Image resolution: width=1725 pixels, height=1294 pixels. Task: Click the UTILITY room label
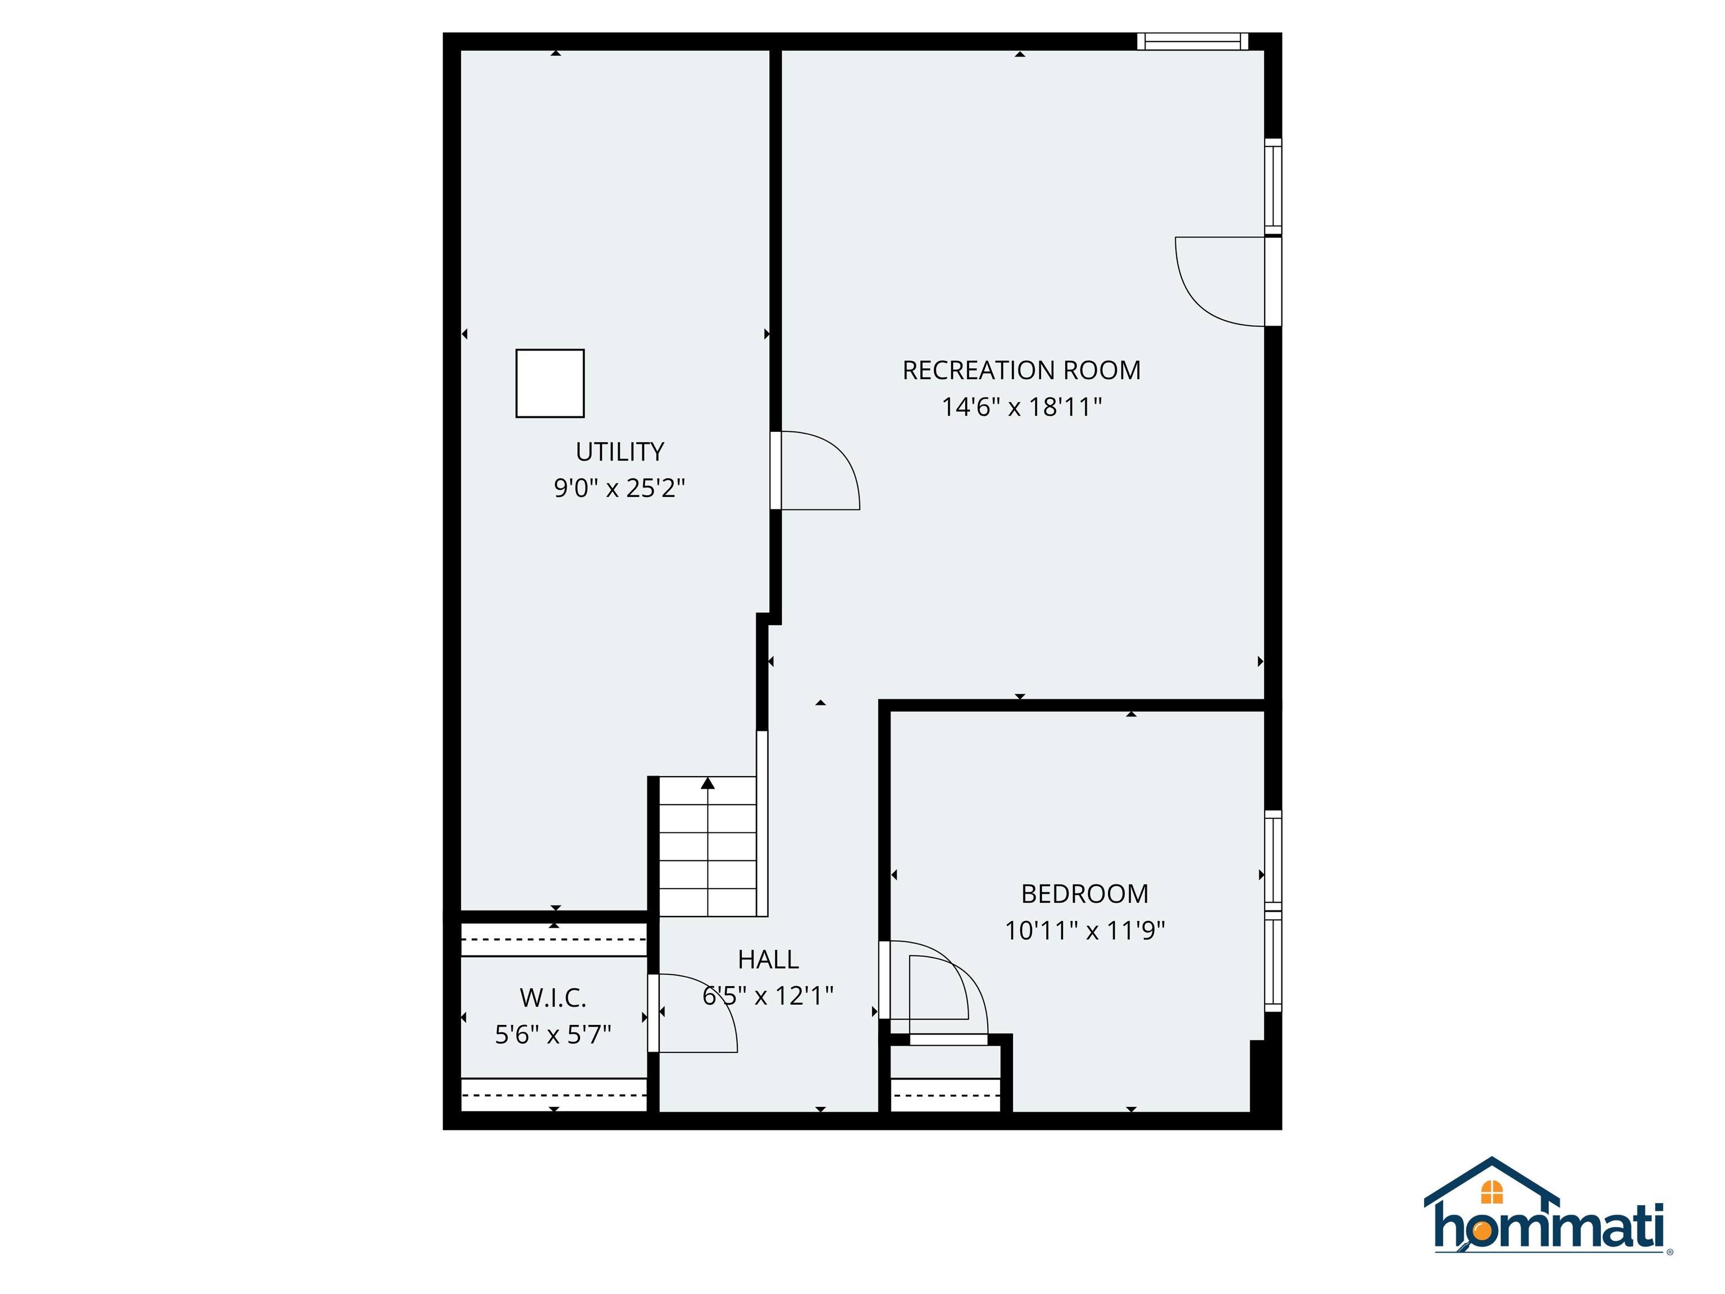(619, 452)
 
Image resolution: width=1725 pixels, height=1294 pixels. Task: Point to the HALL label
(768, 959)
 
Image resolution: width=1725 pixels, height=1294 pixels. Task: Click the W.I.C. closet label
(553, 997)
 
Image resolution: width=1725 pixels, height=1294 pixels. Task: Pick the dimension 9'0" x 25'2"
(619, 488)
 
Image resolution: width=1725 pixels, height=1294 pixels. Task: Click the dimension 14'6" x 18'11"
(1021, 407)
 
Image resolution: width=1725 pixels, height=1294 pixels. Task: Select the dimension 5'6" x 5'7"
(553, 1035)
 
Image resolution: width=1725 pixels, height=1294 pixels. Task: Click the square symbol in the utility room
(550, 383)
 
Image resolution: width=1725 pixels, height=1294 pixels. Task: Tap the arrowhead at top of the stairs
(708, 783)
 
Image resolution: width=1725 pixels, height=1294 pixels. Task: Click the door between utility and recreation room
(815, 470)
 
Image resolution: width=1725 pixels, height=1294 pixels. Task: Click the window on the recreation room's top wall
(1192, 42)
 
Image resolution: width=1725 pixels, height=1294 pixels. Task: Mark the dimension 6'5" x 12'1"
(768, 996)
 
